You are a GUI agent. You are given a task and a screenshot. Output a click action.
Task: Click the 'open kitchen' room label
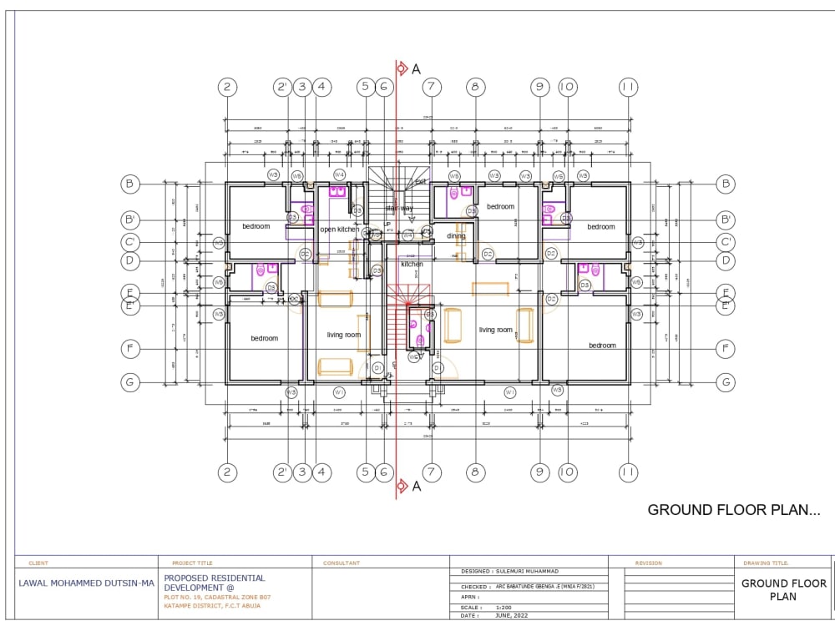point(339,230)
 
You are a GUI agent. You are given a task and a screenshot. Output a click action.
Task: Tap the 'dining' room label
point(456,236)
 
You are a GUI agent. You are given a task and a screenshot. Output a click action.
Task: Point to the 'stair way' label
point(399,208)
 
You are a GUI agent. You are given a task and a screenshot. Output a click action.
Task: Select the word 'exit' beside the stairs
point(420,182)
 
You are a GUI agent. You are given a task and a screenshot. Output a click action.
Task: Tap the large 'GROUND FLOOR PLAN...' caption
point(734,510)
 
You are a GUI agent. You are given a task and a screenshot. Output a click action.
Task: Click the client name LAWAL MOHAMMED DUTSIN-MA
point(87,583)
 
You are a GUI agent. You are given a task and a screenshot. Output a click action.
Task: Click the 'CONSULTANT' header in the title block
point(342,563)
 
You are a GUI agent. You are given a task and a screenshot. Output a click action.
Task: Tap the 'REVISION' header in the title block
point(648,563)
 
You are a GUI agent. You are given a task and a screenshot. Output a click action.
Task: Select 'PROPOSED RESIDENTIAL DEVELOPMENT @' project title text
point(214,583)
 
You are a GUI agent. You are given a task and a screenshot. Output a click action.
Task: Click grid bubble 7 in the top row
point(431,87)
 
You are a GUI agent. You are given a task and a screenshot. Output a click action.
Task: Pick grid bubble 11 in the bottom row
point(628,472)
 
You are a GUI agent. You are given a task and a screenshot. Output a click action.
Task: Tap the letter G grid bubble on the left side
point(129,382)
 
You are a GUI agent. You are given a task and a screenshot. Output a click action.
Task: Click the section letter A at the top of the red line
point(416,69)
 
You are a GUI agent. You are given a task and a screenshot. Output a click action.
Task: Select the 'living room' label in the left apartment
point(344,335)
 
